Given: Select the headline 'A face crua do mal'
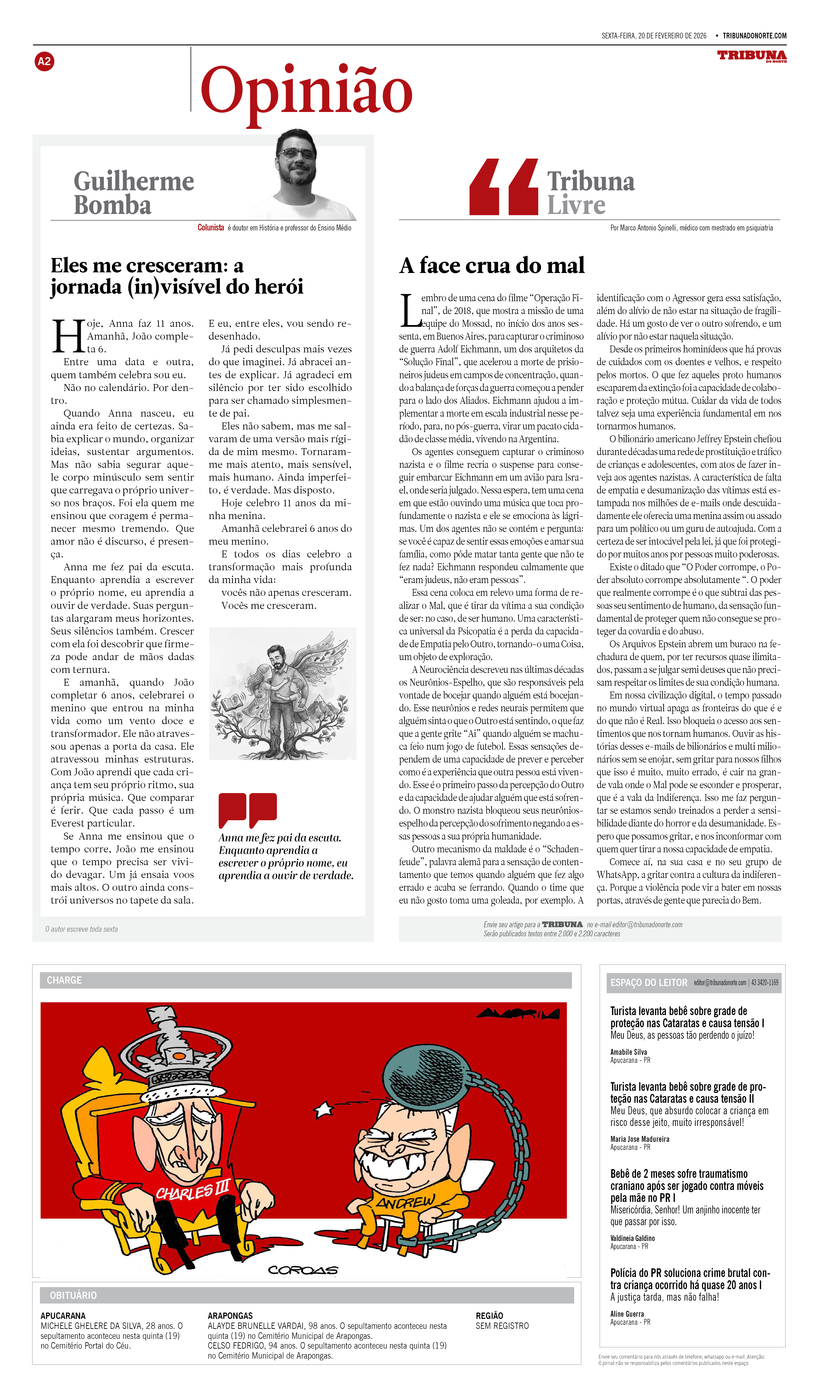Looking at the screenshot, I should (x=492, y=266).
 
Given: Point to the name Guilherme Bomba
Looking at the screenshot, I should (x=134, y=193).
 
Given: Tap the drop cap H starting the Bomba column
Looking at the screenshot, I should (x=68, y=336).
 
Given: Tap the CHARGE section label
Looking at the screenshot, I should (x=64, y=980).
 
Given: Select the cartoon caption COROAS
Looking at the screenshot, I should (x=303, y=1270).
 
